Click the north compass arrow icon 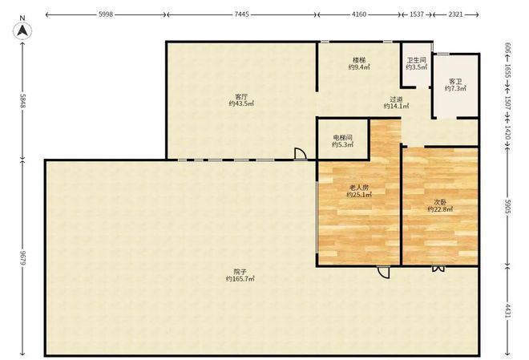pos(22,30)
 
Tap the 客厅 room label pos(241,96)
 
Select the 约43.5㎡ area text pos(241,104)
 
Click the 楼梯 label pos(359,60)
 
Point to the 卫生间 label pos(416,60)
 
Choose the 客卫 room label pos(455,81)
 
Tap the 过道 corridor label pos(397,99)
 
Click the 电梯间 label pos(343,138)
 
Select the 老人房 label pos(359,188)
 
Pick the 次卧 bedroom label pos(440,202)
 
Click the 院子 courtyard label pos(240,272)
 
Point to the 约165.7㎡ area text pos(240,279)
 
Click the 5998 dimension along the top pos(106,14)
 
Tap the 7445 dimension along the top pos(241,14)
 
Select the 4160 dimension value pos(359,14)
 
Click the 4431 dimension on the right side pos(508,311)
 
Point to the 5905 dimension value pos(508,208)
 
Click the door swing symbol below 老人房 pos(384,273)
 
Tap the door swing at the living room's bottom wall pos(301,153)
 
